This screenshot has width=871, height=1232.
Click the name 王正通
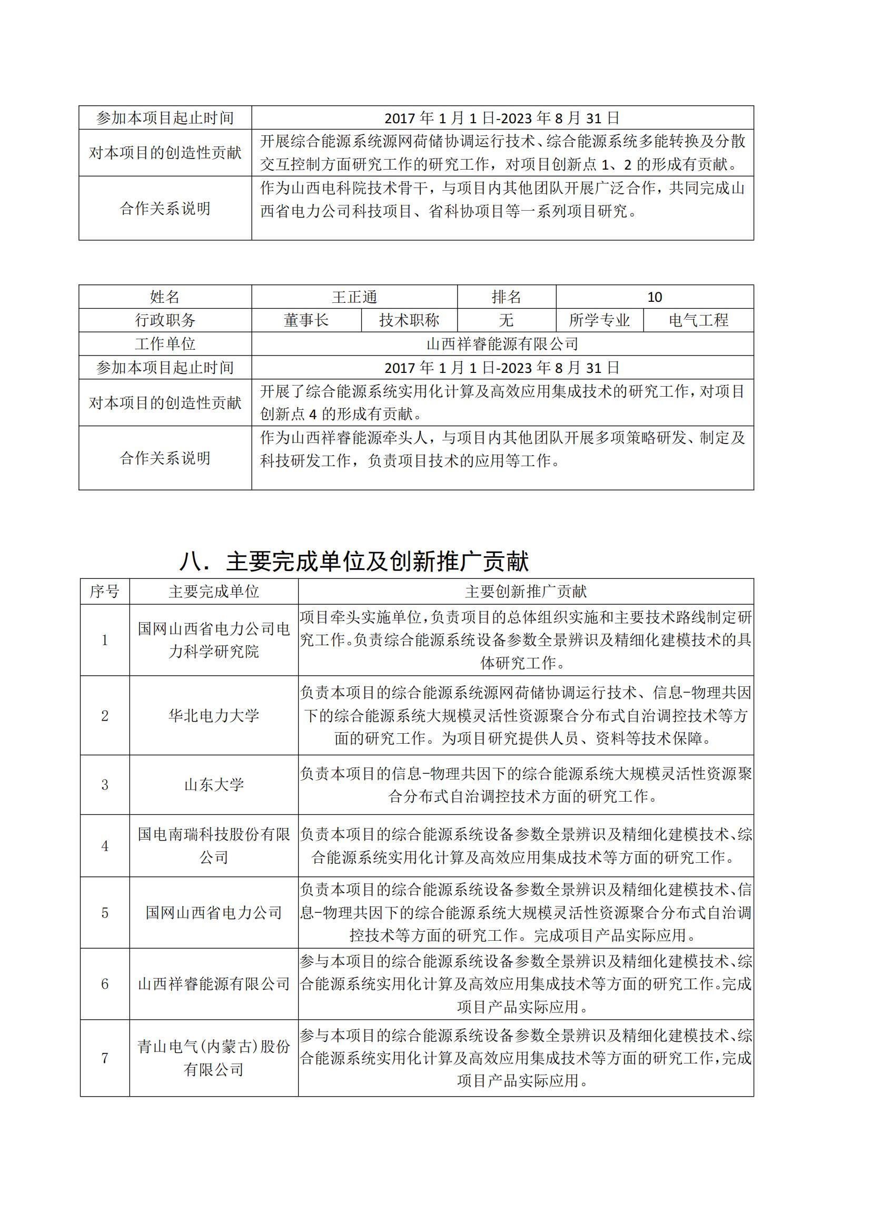(x=354, y=297)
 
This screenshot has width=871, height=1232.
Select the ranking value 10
(x=655, y=297)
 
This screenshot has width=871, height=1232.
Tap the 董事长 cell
(x=306, y=320)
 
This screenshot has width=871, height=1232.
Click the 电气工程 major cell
(x=698, y=320)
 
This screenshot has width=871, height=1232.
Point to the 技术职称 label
(x=409, y=320)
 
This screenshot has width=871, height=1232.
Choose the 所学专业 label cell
(x=599, y=320)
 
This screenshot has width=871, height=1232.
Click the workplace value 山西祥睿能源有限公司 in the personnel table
(x=502, y=344)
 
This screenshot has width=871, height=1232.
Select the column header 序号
(x=105, y=592)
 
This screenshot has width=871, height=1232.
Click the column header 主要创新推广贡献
(x=526, y=592)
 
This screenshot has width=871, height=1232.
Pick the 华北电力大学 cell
(x=213, y=715)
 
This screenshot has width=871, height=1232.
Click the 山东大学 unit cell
(x=213, y=784)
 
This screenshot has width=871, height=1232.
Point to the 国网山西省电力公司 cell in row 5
(x=213, y=912)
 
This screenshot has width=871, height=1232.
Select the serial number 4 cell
(x=105, y=846)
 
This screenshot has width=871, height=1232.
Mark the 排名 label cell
(x=506, y=297)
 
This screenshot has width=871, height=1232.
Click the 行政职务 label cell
(x=165, y=320)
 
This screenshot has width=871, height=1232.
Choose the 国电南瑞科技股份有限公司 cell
(x=213, y=846)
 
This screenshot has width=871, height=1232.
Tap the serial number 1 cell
(x=105, y=639)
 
